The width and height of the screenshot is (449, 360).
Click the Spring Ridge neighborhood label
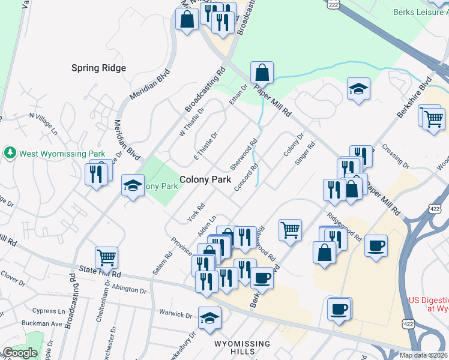tap(98, 68)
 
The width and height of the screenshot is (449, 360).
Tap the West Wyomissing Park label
tap(62, 153)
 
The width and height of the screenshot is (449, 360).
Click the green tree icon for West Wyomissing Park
tap(10, 153)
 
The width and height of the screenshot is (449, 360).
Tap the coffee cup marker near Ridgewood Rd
tap(376, 246)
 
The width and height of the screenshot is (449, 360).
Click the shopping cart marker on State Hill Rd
tap(106, 257)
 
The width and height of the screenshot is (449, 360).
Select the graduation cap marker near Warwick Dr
tap(209, 318)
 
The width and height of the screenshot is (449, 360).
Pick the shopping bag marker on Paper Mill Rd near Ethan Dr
tap(262, 73)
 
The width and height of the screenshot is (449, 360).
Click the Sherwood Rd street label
tap(245, 155)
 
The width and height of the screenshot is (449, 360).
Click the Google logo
tap(20, 353)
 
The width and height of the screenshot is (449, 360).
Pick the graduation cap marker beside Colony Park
tap(133, 185)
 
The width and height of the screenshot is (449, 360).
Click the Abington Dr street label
tap(129, 289)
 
